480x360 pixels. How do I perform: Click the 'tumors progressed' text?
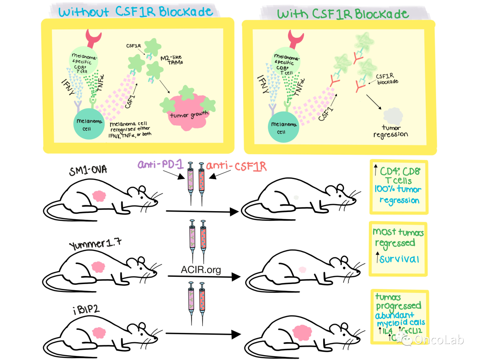(398, 301)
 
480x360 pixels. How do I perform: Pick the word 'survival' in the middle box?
(401, 259)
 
